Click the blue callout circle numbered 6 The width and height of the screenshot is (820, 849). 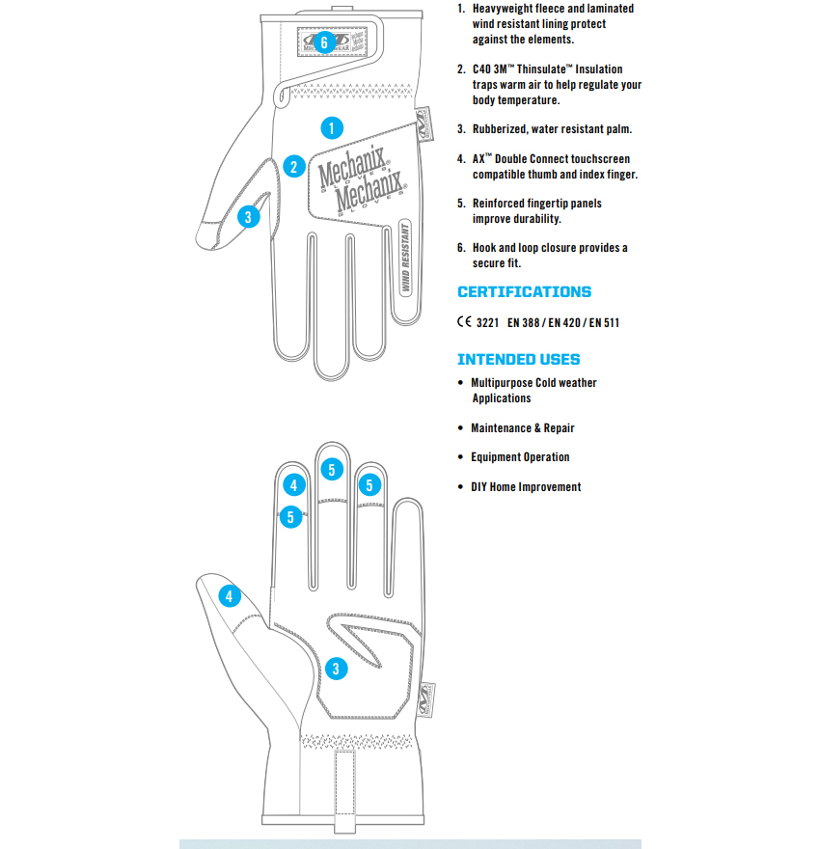click(323, 42)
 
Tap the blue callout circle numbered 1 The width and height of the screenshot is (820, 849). click(331, 127)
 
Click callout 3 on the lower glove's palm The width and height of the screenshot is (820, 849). click(336, 668)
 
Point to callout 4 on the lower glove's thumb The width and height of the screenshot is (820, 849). click(229, 596)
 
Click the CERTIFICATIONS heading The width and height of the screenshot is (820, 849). click(524, 292)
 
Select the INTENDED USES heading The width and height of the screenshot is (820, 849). click(518, 360)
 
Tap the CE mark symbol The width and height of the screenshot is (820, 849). click(463, 322)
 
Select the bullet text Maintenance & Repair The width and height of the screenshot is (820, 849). click(522, 427)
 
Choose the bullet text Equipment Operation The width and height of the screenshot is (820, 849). click(520, 457)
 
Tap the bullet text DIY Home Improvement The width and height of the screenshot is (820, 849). click(526, 487)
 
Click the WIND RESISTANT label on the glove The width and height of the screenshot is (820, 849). click(406, 256)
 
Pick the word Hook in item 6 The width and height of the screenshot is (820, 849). click(484, 248)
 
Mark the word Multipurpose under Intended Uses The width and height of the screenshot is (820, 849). click(502, 383)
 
